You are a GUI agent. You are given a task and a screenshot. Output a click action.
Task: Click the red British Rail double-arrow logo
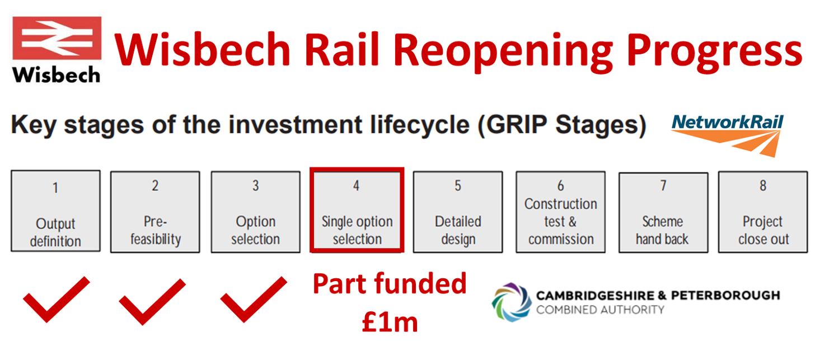pyautogui.click(x=57, y=38)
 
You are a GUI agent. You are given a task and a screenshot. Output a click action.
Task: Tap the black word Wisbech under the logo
pyautogui.click(x=56, y=75)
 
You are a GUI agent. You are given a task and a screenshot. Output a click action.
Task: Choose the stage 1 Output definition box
pyautogui.click(x=55, y=211)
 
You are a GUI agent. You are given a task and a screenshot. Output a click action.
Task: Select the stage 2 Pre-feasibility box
pyautogui.click(x=155, y=212)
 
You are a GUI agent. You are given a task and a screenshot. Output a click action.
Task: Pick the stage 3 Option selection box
pyautogui.click(x=255, y=212)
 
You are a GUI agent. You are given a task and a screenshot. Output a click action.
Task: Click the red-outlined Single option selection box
pyautogui.click(x=357, y=211)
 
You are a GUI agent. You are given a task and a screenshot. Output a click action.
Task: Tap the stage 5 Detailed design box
pyautogui.click(x=458, y=212)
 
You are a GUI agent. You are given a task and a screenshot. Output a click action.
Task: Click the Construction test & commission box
pyautogui.click(x=561, y=212)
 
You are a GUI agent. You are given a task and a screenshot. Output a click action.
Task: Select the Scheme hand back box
pyautogui.click(x=663, y=212)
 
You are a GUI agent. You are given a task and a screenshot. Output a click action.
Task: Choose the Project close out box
pyautogui.click(x=763, y=212)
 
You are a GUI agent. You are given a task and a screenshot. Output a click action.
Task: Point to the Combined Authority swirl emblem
pyautogui.click(x=512, y=302)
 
